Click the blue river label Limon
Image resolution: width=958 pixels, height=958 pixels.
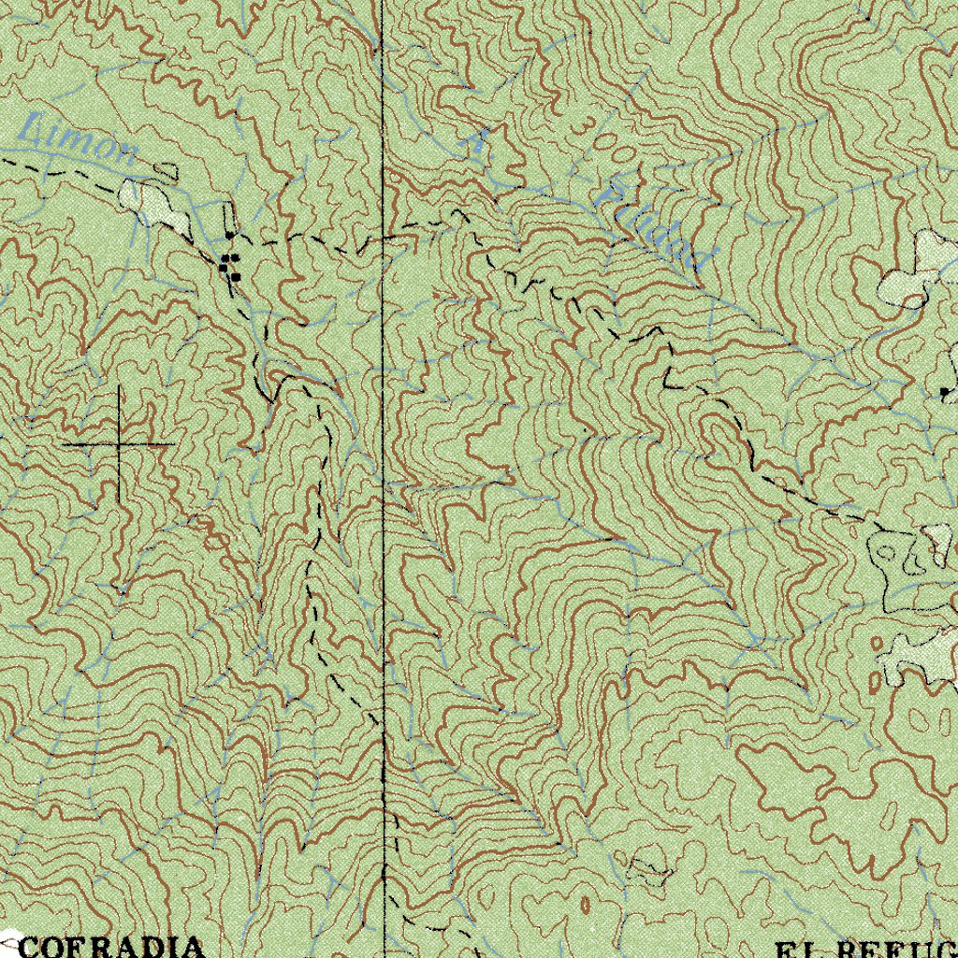click(79, 139)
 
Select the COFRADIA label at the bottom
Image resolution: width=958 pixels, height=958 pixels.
click(110, 946)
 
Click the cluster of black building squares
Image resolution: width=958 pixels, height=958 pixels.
click(229, 264)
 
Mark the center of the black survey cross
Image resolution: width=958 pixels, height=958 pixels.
click(120, 443)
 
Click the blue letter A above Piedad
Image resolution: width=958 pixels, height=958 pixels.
click(479, 142)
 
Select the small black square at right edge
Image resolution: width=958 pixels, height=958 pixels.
click(945, 390)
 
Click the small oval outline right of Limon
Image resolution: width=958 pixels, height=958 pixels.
click(167, 170)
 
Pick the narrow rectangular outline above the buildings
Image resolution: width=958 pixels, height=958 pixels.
click(227, 225)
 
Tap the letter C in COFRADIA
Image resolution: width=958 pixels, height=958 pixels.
click(31, 946)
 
